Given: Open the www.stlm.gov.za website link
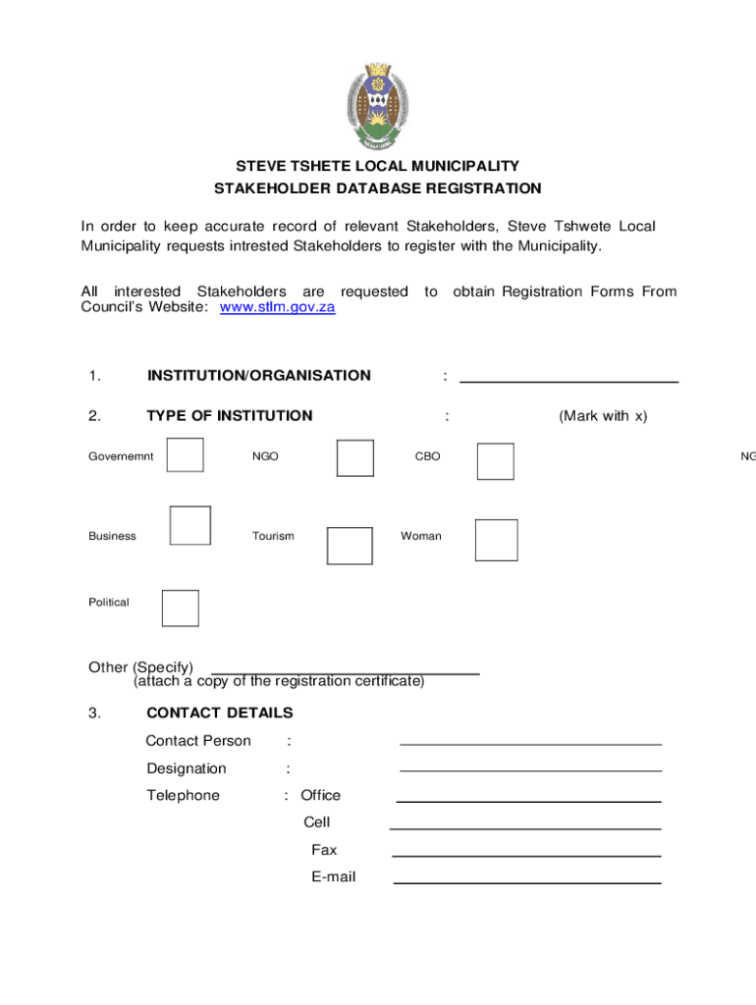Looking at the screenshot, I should [x=278, y=307].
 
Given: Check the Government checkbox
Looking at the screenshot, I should [x=186, y=455].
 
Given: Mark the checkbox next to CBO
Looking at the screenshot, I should [x=495, y=461].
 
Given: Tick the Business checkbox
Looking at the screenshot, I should [x=190, y=525].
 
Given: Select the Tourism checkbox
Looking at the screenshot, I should [x=350, y=546].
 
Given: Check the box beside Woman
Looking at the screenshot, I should [x=496, y=540].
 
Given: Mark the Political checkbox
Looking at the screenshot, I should [x=180, y=608].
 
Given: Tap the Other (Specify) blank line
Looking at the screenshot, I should [x=346, y=671].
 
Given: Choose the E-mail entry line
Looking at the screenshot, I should [x=527, y=881].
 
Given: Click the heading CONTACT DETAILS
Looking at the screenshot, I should [x=219, y=713].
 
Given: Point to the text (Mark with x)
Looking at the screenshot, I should [x=603, y=416].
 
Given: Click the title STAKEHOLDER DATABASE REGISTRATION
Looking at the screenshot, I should [x=377, y=188].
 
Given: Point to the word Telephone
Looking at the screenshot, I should [x=183, y=795].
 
